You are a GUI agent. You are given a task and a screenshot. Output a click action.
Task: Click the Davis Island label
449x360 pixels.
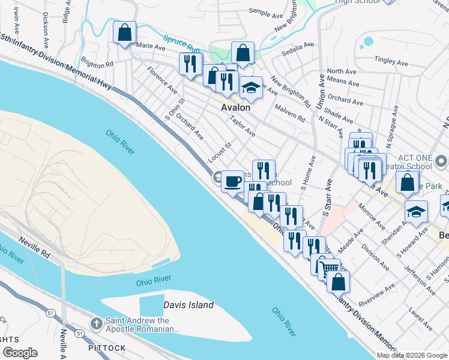[x=188, y=305]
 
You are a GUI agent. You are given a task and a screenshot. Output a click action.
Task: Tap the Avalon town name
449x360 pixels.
[x=235, y=108]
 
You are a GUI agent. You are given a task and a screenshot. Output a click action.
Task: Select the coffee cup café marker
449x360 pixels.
[x=233, y=181]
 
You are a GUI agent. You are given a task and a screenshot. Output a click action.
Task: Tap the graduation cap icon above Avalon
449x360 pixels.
[x=251, y=88]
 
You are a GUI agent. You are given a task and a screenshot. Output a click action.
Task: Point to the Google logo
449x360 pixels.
[x=19, y=353]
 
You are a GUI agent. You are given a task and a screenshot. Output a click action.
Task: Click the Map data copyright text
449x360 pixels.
[x=412, y=355]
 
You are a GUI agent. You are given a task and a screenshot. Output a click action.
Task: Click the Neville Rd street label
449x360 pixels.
[x=32, y=242]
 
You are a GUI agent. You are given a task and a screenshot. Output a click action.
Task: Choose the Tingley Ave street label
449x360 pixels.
[x=391, y=61]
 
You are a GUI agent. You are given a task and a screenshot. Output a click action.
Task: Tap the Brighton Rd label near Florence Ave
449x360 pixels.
[x=97, y=64]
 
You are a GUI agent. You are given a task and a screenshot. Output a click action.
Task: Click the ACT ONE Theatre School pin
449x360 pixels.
[x=442, y=161]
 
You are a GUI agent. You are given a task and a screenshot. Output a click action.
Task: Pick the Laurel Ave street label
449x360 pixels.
[x=420, y=320]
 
